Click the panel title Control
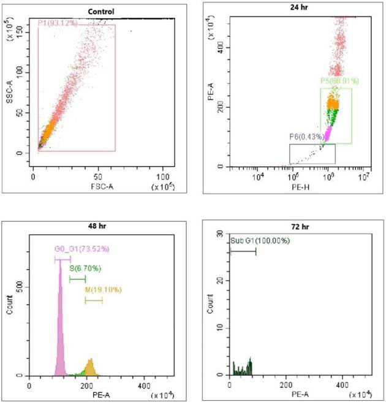point(100,12)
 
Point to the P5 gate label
point(339,81)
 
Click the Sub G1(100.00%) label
point(260,240)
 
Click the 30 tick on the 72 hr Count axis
point(221,235)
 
